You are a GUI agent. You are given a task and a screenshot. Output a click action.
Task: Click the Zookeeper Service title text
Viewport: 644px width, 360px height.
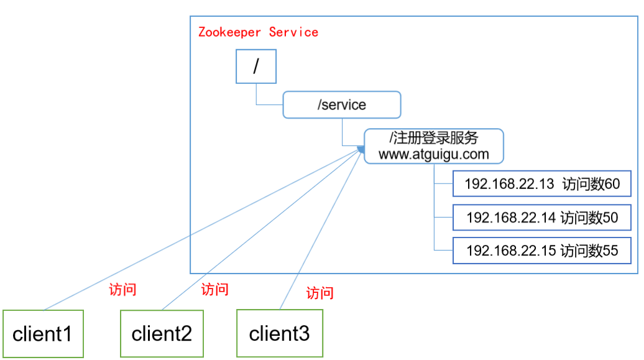pos(258,32)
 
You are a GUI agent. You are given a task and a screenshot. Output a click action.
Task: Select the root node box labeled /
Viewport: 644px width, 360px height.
pos(255,67)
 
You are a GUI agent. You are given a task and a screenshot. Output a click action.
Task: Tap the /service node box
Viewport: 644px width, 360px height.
pos(342,104)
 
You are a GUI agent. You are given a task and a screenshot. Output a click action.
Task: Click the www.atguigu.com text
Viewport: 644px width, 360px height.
pos(433,154)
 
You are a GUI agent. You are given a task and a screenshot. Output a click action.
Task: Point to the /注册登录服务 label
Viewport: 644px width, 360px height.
pos(433,137)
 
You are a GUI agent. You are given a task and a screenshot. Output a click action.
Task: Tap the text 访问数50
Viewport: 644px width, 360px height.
pos(589,218)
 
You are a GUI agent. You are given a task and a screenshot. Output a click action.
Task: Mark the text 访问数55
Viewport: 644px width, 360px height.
pos(589,251)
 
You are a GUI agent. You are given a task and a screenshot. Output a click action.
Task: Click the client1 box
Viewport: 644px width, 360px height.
pos(43,334)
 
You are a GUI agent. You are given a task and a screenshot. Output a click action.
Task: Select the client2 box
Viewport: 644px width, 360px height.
pos(162,334)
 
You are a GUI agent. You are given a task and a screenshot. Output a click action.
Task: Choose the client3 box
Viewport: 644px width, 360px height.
pos(279,334)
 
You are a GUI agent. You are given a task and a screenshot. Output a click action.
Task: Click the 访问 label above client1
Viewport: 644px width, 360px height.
pos(122,290)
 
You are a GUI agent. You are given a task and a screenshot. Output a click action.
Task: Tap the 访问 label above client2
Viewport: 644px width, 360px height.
pos(215,289)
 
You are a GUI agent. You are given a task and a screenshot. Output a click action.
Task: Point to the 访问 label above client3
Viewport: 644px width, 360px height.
pos(320,293)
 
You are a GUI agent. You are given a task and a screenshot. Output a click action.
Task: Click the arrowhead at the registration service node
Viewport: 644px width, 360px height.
pos(361,149)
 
